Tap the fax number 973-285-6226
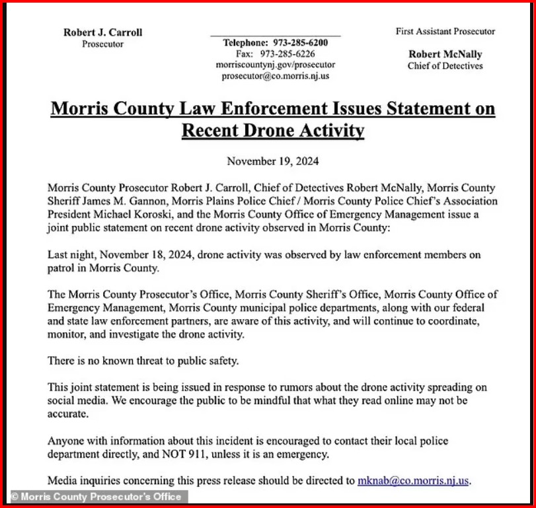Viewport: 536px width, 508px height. click(287, 54)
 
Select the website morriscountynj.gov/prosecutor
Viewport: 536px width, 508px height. click(276, 65)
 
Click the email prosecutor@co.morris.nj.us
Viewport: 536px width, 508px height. click(276, 76)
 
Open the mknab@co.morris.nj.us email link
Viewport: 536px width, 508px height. click(413, 480)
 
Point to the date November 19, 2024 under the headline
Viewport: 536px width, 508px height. click(273, 161)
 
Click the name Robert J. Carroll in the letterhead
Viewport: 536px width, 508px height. click(102, 32)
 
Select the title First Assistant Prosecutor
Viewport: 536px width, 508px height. click(445, 31)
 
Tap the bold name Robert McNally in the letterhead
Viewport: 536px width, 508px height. click(445, 54)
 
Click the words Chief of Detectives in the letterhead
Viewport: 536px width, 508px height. click(445, 65)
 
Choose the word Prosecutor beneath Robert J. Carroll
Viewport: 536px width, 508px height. click(102, 44)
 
